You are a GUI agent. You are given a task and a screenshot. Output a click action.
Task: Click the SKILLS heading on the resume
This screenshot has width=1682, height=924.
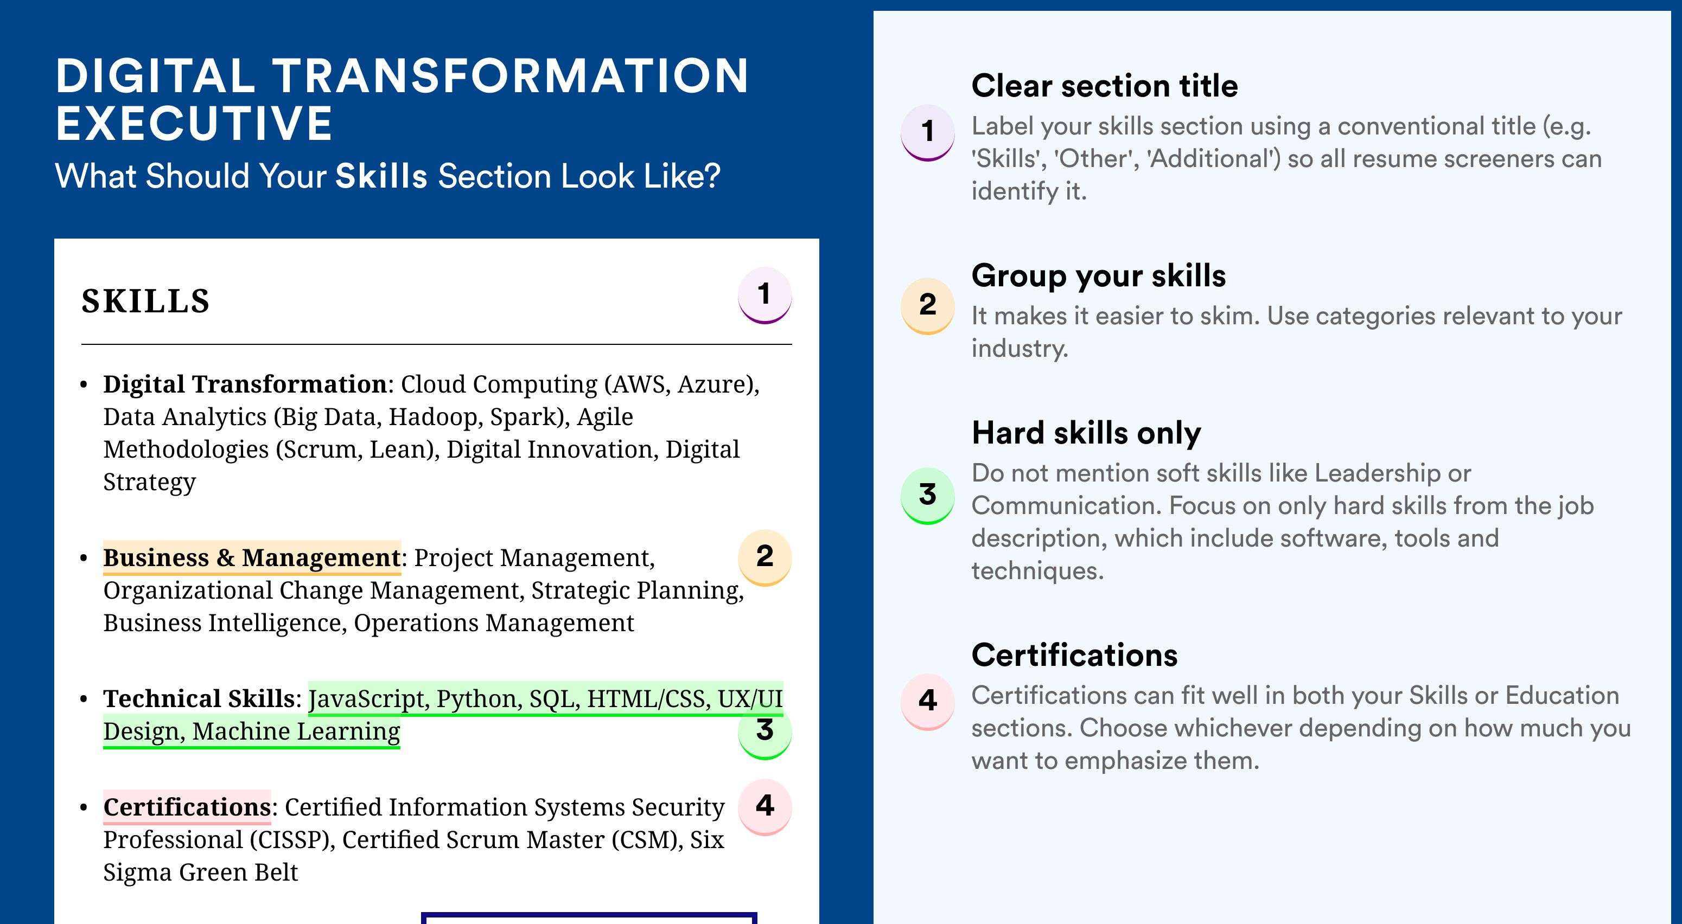point(145,301)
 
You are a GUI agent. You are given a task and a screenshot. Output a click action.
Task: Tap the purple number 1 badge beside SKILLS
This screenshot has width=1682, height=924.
point(764,295)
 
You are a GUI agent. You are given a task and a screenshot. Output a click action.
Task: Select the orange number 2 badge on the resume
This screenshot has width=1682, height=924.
point(764,557)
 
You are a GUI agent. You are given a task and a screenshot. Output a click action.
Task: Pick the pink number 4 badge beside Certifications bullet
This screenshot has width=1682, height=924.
point(764,807)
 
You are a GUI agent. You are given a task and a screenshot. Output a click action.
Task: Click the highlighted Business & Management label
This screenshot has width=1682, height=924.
point(252,558)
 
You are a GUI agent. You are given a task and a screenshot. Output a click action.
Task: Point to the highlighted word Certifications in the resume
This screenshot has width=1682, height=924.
point(187,807)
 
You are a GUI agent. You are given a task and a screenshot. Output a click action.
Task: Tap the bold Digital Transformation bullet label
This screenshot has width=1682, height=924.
point(245,384)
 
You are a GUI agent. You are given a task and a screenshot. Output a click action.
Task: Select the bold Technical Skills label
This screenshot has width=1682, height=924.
point(199,699)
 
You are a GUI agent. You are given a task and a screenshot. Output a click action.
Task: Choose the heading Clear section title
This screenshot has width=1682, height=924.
point(1105,86)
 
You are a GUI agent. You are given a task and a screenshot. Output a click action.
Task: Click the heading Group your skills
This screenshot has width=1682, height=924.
point(1099,276)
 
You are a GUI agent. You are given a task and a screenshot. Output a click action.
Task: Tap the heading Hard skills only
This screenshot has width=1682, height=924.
point(1086,433)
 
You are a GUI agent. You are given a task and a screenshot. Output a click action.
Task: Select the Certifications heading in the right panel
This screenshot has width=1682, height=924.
point(1075,655)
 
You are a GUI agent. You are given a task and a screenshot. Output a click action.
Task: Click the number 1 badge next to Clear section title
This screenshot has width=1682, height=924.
point(928,132)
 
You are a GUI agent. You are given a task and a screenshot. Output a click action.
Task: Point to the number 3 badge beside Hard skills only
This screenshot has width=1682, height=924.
point(928,495)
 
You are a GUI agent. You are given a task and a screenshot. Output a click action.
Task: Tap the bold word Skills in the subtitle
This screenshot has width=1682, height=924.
point(381,176)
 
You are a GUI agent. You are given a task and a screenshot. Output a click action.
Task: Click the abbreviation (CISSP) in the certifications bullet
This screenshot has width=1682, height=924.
point(292,840)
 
